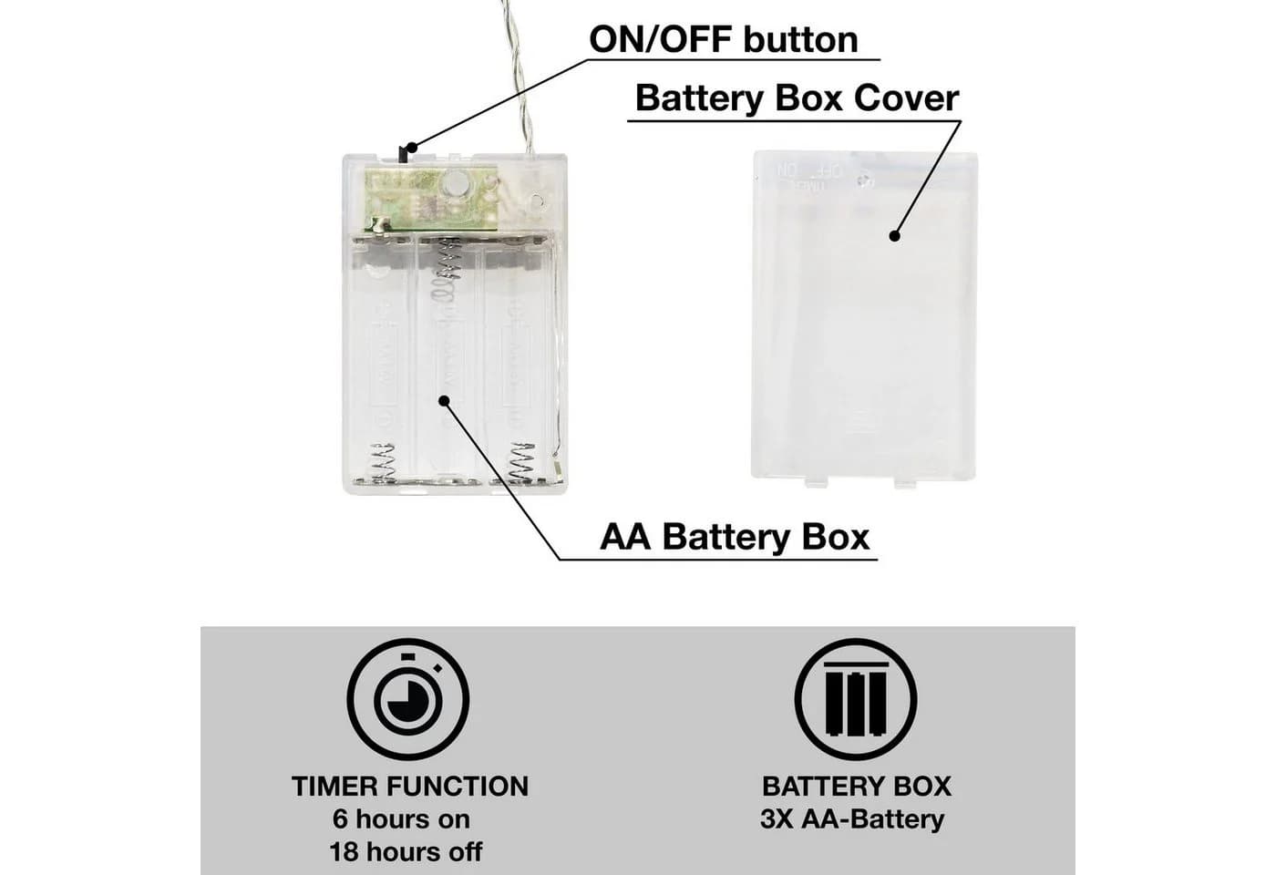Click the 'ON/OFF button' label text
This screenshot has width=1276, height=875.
724,40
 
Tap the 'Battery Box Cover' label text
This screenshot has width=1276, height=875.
797,98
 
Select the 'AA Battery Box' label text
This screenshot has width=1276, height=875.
735,537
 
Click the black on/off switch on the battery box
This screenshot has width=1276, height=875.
403,155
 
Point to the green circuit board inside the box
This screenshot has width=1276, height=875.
432,200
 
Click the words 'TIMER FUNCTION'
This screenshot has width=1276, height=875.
410,787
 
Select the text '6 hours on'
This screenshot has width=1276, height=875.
402,819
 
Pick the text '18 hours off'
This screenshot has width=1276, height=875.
406,852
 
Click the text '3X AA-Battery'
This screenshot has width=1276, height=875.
852,819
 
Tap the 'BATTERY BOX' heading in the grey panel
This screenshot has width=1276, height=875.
857,787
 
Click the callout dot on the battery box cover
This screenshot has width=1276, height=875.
895,236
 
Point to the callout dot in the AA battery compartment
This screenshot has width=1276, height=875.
445,401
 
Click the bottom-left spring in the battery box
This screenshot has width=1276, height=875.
382,461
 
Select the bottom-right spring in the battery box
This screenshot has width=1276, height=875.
521,461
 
